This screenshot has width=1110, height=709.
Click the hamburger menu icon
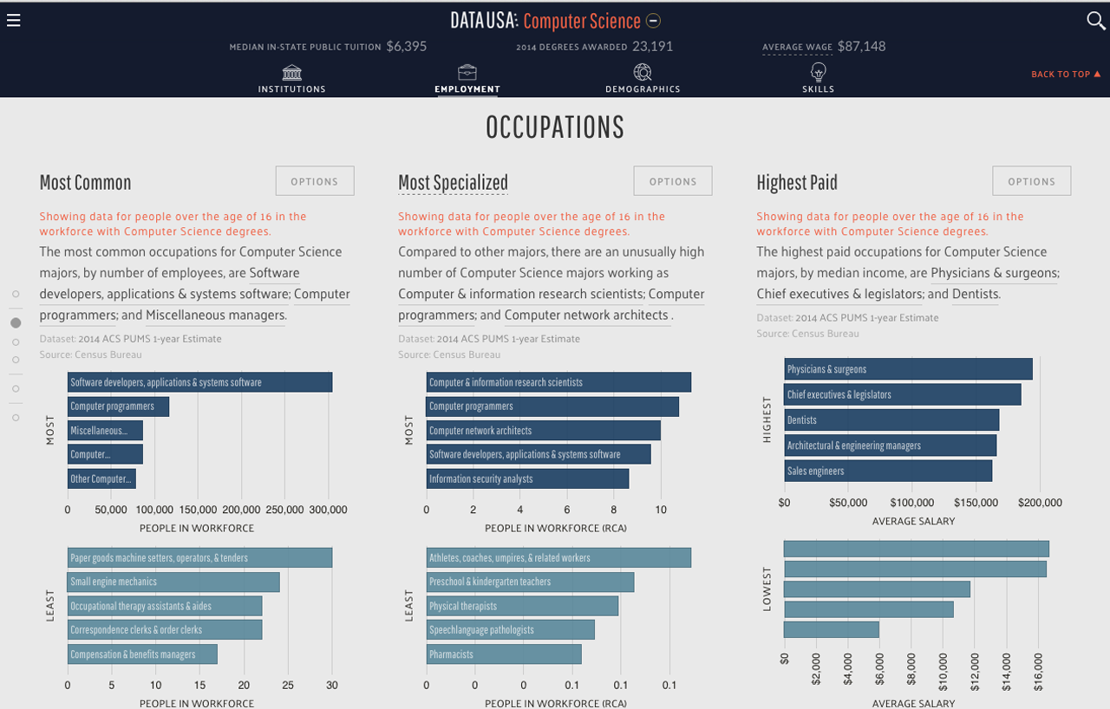tap(13, 20)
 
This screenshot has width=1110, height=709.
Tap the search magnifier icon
tap(1095, 21)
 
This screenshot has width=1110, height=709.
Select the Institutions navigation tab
tap(292, 78)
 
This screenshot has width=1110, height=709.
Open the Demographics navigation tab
tap(643, 78)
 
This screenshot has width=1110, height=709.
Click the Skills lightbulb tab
tap(818, 78)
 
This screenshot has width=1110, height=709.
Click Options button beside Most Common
tap(315, 181)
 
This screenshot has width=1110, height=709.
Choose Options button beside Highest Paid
tap(1031, 181)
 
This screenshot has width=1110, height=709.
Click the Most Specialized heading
tap(453, 182)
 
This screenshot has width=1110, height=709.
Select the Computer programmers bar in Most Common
tap(118, 407)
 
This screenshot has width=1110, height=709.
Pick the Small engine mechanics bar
tap(173, 582)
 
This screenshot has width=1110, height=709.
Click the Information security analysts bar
tap(527, 478)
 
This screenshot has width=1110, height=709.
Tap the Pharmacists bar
tap(503, 654)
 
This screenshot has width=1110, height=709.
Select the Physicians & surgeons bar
tap(908, 369)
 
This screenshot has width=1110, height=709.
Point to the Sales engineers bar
tap(888, 472)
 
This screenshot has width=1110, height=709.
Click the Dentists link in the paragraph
tap(976, 294)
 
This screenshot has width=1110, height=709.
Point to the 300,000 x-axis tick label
tap(328, 511)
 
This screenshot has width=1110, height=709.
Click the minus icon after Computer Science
tap(654, 21)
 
